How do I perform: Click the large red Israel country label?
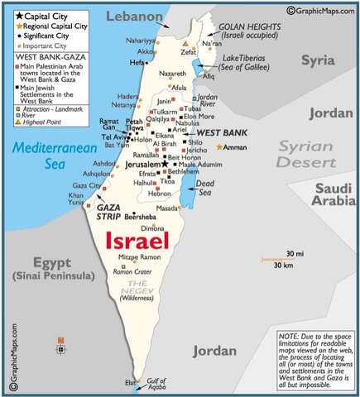point(137,241)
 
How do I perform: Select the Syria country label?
point(319,60)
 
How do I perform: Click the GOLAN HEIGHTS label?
point(251,27)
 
